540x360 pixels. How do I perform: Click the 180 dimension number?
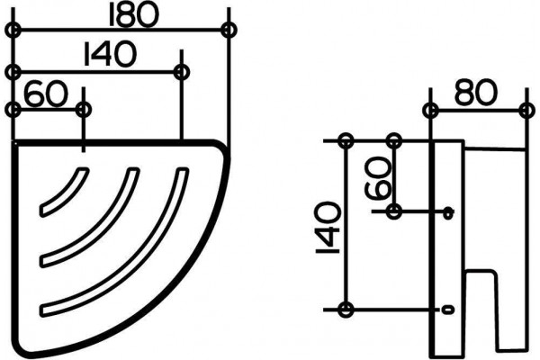pyautogui.click(x=133, y=14)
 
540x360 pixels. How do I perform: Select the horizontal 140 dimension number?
pyautogui.click(x=110, y=53)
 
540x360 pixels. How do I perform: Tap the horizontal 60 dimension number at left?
pyautogui.click(x=46, y=93)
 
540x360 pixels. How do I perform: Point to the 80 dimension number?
pyautogui.click(x=476, y=92)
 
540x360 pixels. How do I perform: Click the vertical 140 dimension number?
pyautogui.click(x=328, y=228)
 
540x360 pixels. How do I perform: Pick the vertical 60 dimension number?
pyautogui.click(x=378, y=178)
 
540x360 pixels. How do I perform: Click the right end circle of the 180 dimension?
pyautogui.click(x=229, y=30)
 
